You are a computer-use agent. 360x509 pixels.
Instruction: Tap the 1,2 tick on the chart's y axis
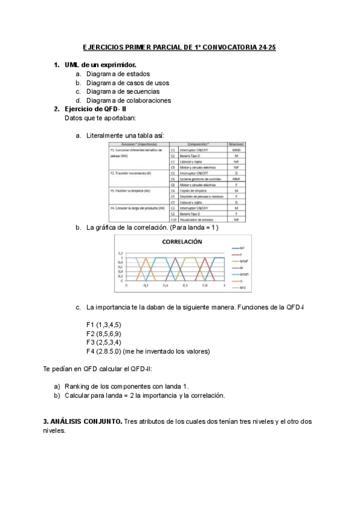[x=120, y=253]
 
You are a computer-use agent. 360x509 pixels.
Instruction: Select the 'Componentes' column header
[x=197, y=145]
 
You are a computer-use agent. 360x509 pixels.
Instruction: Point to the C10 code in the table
[x=173, y=220]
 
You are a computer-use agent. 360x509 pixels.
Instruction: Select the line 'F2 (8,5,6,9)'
[x=104, y=333]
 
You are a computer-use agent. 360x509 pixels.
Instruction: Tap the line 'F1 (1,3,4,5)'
[x=104, y=325]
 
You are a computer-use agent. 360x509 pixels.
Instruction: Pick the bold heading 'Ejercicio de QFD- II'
[x=95, y=109]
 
